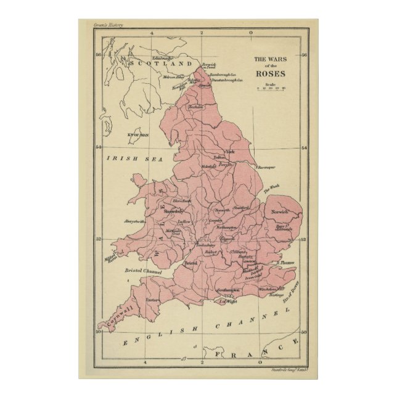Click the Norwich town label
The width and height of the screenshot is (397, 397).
(x=279, y=212)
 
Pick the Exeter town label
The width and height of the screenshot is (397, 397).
(x=152, y=300)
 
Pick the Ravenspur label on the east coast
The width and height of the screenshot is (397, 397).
(x=265, y=166)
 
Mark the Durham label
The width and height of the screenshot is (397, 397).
(x=195, y=107)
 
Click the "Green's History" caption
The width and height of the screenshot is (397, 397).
(x=108, y=25)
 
